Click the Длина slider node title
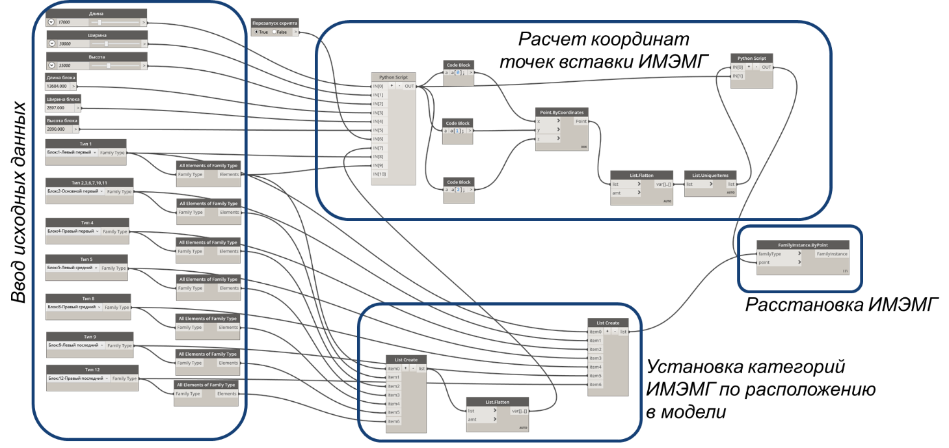(96, 14)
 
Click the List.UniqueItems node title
(710, 175)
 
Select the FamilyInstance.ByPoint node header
(803, 245)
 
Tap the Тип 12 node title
(92, 369)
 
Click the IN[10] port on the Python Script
(379, 174)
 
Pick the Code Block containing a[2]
(458, 189)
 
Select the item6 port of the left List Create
(394, 421)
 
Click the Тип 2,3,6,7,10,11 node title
(90, 183)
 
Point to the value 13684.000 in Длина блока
(57, 86)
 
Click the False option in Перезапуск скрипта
(280, 32)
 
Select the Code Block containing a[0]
(458, 73)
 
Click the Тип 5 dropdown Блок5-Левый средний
(72, 268)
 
